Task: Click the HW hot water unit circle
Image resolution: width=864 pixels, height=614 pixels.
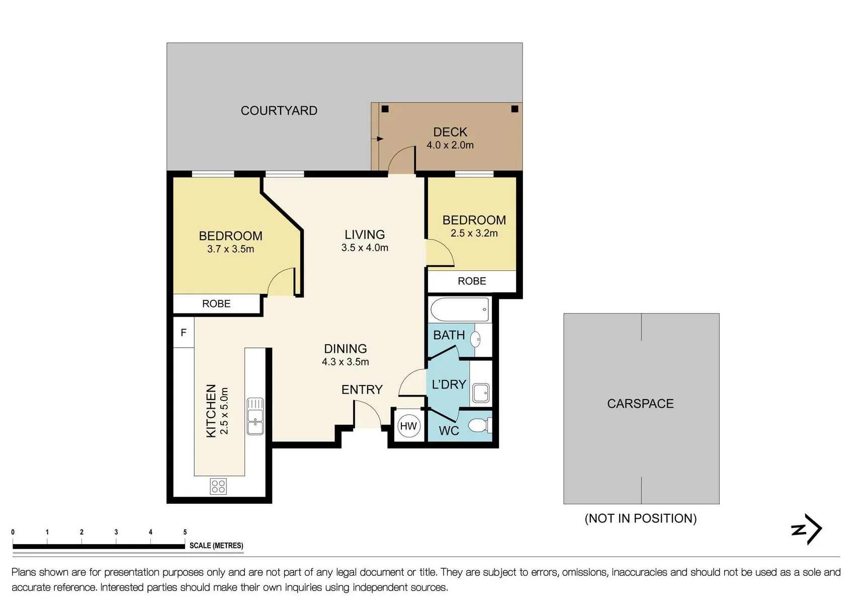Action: [x=408, y=426]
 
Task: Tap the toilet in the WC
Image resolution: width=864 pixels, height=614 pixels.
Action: [x=480, y=426]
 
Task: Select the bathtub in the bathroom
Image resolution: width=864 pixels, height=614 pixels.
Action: [x=460, y=310]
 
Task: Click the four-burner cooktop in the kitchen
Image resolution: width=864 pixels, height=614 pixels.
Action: [x=218, y=486]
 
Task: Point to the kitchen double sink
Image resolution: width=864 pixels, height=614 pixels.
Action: [x=255, y=416]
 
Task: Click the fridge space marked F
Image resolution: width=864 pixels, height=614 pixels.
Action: [x=184, y=332]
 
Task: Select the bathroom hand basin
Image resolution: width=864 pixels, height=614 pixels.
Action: [x=476, y=340]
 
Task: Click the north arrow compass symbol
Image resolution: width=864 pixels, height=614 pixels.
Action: [x=807, y=529]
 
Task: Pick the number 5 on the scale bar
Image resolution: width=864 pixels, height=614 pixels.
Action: [x=185, y=532]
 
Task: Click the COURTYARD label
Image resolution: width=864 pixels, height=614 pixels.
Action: [x=279, y=111]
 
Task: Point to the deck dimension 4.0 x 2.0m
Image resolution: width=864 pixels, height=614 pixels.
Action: [x=450, y=145]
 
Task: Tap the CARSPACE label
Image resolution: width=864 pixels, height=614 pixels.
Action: [x=640, y=404]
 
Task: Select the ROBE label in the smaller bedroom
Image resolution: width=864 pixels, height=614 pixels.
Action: [x=472, y=281]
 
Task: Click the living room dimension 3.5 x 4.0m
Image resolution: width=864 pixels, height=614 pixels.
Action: [x=365, y=248]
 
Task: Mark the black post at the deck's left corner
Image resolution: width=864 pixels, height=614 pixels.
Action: [x=385, y=109]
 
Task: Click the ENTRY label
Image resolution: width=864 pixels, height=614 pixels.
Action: [x=362, y=390]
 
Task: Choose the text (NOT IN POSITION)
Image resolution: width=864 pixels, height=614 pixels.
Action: [x=641, y=518]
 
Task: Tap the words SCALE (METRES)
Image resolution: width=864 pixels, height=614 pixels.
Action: [x=216, y=546]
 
